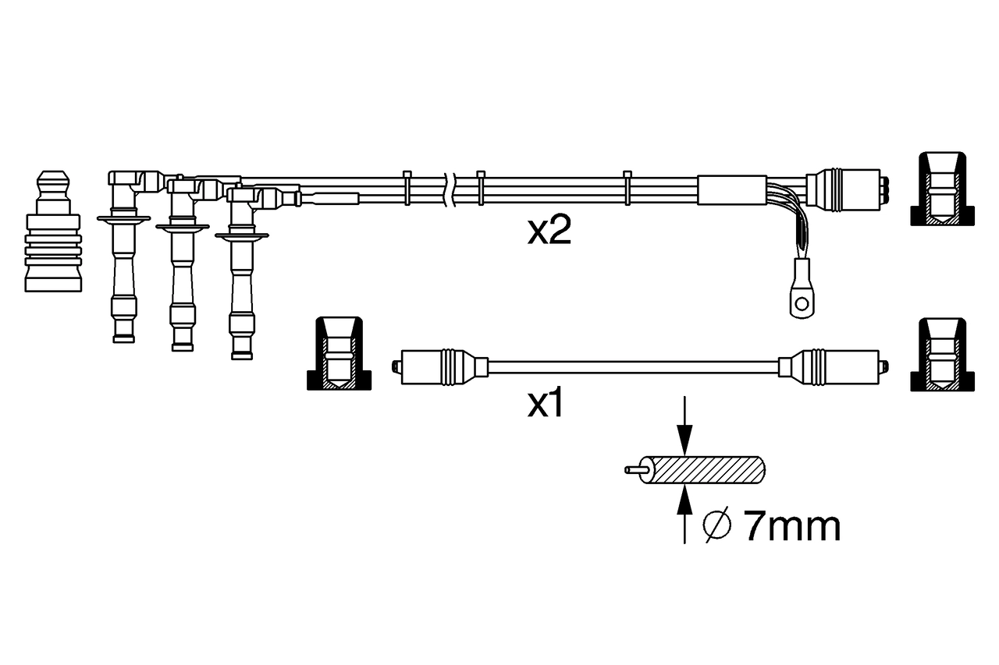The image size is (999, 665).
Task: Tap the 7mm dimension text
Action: [792, 527]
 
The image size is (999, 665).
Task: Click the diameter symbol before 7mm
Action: [717, 525]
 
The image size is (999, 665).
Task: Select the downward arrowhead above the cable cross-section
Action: [684, 440]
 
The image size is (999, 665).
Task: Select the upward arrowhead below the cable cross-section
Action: [684, 501]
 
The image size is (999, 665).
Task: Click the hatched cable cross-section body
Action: [703, 470]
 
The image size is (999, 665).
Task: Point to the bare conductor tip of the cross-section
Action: [633, 470]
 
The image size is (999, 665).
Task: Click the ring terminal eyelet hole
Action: [802, 304]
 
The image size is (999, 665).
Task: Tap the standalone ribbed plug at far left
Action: [53, 231]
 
